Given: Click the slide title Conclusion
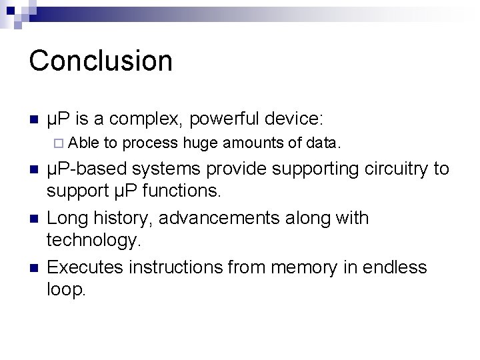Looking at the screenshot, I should [101, 60].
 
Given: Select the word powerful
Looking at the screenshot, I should [224, 119].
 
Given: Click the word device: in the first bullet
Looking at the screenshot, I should [294, 119].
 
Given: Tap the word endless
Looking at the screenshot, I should [395, 267].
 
